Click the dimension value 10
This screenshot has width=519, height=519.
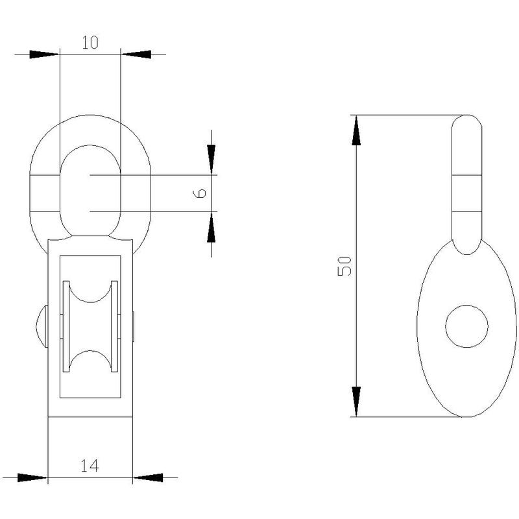click(90, 42)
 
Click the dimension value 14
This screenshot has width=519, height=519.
click(90, 466)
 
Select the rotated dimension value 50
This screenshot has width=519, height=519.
click(344, 266)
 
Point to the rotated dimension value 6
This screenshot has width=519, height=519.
click(199, 193)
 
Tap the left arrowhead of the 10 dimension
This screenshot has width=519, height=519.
click(44, 54)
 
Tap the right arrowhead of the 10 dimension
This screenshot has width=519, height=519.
click(136, 54)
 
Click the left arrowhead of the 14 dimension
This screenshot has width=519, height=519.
click(32, 477)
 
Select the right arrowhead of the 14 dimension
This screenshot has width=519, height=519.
click(148, 477)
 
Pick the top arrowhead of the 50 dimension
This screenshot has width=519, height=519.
click(356, 130)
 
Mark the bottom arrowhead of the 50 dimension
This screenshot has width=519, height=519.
click(356, 402)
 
